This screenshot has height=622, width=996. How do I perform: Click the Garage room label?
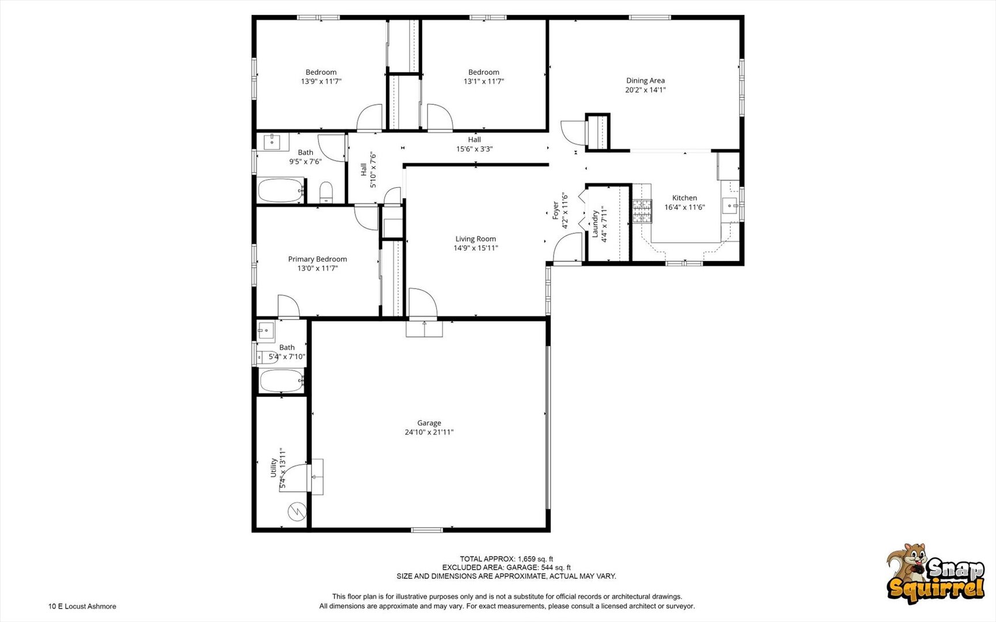click(x=429, y=423)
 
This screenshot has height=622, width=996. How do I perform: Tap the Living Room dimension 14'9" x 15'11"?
click(x=475, y=248)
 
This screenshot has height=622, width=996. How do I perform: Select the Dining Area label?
click(x=645, y=81)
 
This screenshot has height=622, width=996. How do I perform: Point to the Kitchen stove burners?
click(x=643, y=211)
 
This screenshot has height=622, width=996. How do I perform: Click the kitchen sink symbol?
click(x=730, y=205)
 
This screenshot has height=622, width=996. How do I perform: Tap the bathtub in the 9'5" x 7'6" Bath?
click(x=280, y=190)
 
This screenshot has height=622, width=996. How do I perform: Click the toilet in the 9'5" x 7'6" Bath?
click(x=326, y=192)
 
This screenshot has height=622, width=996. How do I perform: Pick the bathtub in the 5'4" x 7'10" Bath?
click(x=281, y=381)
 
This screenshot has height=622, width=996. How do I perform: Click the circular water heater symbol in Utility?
click(x=297, y=511)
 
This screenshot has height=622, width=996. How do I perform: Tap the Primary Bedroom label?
click(x=317, y=259)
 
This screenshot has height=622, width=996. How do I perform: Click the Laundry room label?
click(x=595, y=224)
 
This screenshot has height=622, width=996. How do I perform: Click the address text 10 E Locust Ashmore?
click(x=82, y=606)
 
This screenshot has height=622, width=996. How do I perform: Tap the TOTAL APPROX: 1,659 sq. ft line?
click(x=506, y=559)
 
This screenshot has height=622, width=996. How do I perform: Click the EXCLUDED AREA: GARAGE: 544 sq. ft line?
click(x=506, y=567)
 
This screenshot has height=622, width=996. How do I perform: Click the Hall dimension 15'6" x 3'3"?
click(x=475, y=149)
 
